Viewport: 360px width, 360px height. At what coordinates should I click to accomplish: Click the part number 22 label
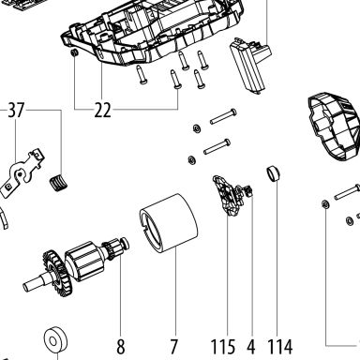pos(102,110)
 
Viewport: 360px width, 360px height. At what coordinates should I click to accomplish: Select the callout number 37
pos(16,110)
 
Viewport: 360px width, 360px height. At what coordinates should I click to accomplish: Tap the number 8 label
pos(121,347)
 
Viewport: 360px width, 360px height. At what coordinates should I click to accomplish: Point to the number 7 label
pos(174,347)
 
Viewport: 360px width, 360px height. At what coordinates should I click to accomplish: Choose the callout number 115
pos(223,347)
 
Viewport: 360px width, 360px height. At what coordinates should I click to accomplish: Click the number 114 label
pos(280,347)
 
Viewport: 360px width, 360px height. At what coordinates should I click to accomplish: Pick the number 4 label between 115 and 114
pos(251,347)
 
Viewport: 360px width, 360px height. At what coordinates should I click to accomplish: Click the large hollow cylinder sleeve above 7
pos(169,222)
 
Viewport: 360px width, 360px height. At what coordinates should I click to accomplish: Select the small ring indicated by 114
pos(273,173)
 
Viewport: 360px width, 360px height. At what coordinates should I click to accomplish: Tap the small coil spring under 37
pos(58,182)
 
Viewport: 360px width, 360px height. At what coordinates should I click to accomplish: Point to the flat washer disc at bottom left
pos(56,338)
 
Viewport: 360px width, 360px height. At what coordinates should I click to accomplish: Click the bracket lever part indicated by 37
pos(22,173)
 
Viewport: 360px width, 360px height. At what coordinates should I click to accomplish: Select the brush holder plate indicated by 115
pos(228,195)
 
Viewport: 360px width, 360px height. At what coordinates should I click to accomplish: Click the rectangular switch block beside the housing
pos(250,65)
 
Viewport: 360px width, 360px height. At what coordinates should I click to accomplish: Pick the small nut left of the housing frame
pos(75,53)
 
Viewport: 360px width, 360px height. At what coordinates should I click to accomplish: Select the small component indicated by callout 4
pos(248,190)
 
